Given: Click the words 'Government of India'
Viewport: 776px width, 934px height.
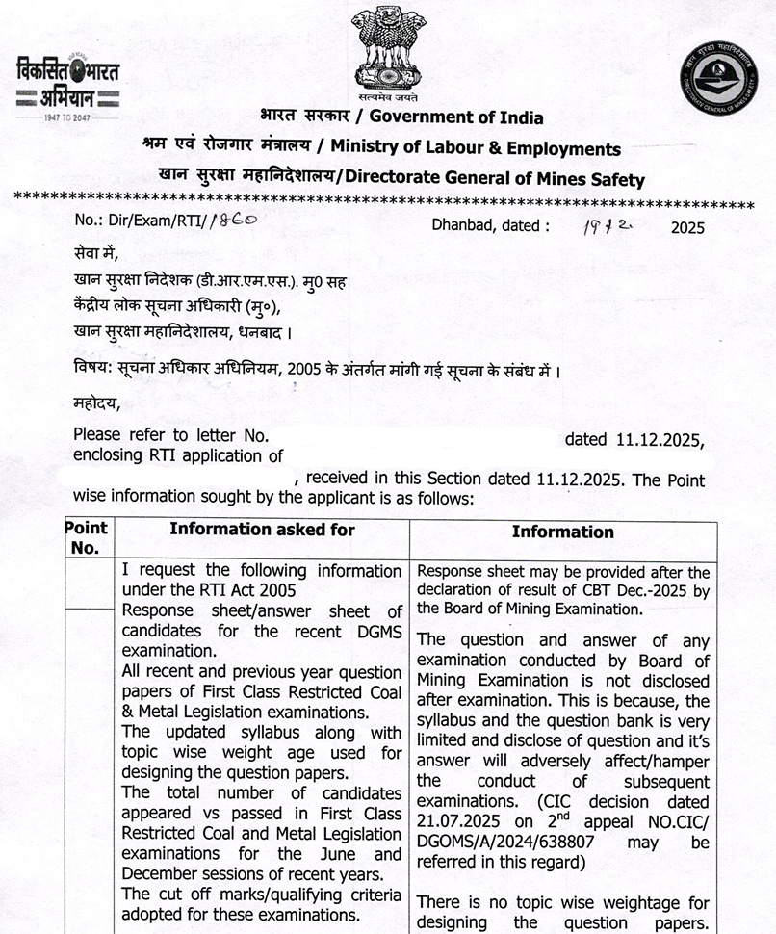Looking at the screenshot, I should coord(456,117).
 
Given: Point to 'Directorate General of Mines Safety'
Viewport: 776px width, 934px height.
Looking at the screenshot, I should coord(495,179).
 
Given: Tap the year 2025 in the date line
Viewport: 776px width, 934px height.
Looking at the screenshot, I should coord(687,228).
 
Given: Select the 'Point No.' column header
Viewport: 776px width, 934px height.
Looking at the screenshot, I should coord(87,538).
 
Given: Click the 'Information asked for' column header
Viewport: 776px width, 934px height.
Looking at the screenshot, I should coord(262,530).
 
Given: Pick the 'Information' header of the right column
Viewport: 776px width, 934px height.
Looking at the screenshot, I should coord(562,532).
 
